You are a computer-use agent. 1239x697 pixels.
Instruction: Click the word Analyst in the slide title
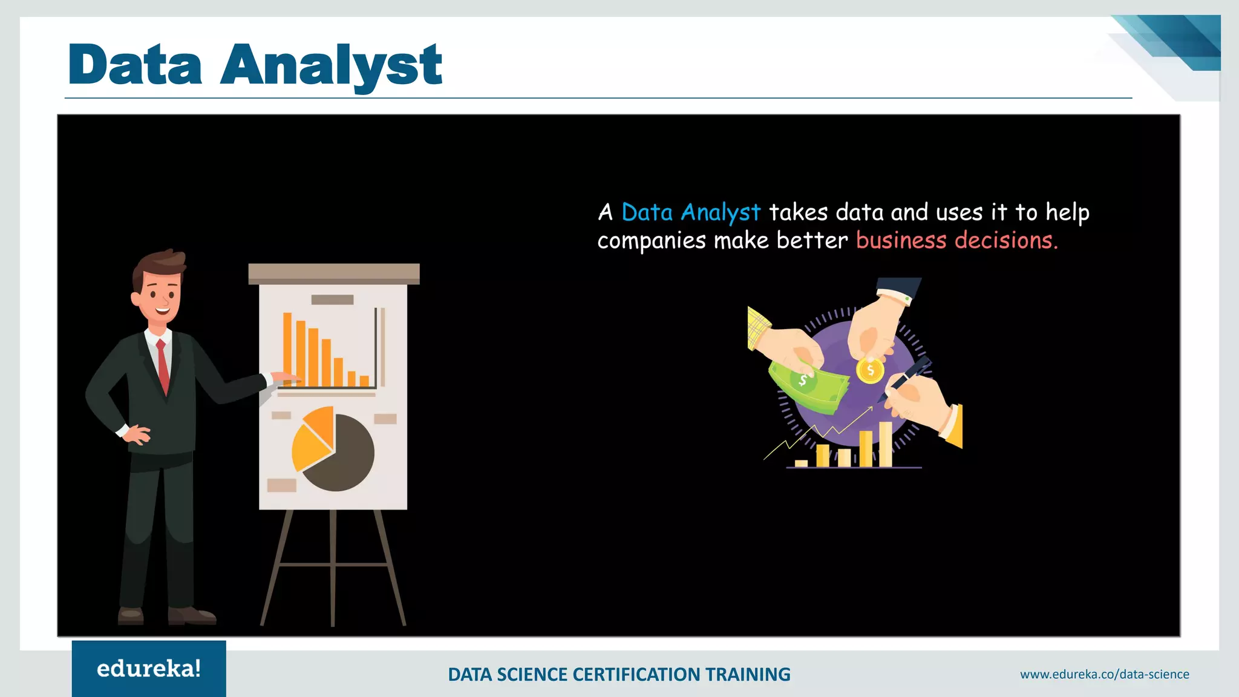coord(331,65)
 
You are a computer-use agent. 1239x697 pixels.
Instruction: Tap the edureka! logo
coord(149,669)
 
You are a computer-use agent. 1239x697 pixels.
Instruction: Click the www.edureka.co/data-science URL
coord(1104,674)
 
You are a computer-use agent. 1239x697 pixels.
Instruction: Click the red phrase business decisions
coord(956,241)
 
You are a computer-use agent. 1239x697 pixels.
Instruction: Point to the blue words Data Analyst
coord(690,212)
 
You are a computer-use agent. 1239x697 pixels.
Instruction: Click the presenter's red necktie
coord(163,365)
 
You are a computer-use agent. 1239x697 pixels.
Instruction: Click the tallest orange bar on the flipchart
coord(287,349)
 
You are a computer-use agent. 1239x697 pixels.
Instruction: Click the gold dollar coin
coord(870,370)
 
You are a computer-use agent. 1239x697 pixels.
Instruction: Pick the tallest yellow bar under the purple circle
coord(885,444)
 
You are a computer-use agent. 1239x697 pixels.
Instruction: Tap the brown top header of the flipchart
coord(333,273)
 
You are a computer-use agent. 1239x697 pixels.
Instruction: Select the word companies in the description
coord(651,241)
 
